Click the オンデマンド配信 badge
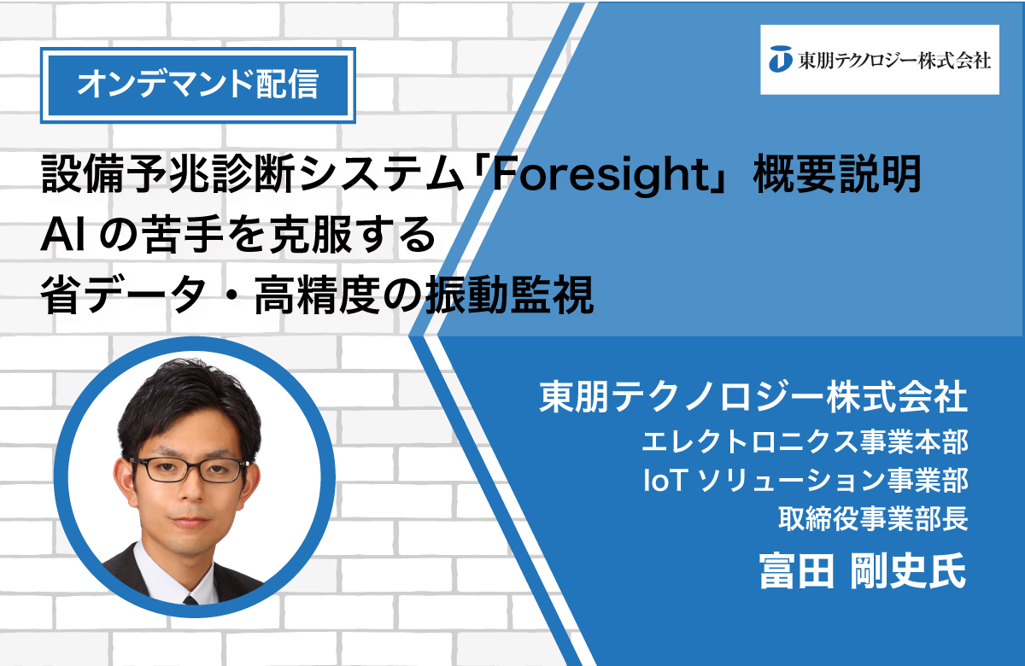(x=197, y=85)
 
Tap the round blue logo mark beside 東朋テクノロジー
(x=780, y=59)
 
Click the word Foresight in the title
(x=600, y=175)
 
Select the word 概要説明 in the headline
(x=837, y=174)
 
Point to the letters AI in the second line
(x=62, y=236)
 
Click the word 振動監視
(x=509, y=295)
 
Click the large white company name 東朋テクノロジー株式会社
(x=753, y=396)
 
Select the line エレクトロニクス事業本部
(x=805, y=442)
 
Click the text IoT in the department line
(x=665, y=480)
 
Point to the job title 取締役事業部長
(x=873, y=519)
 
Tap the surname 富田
(x=797, y=570)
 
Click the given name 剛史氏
(x=908, y=570)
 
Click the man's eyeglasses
(x=190, y=470)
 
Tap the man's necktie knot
(x=190, y=600)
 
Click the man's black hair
(x=188, y=402)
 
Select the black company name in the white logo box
(x=893, y=60)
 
